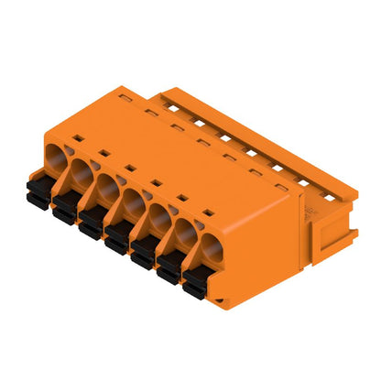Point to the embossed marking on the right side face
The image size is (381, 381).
coord(309,211)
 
